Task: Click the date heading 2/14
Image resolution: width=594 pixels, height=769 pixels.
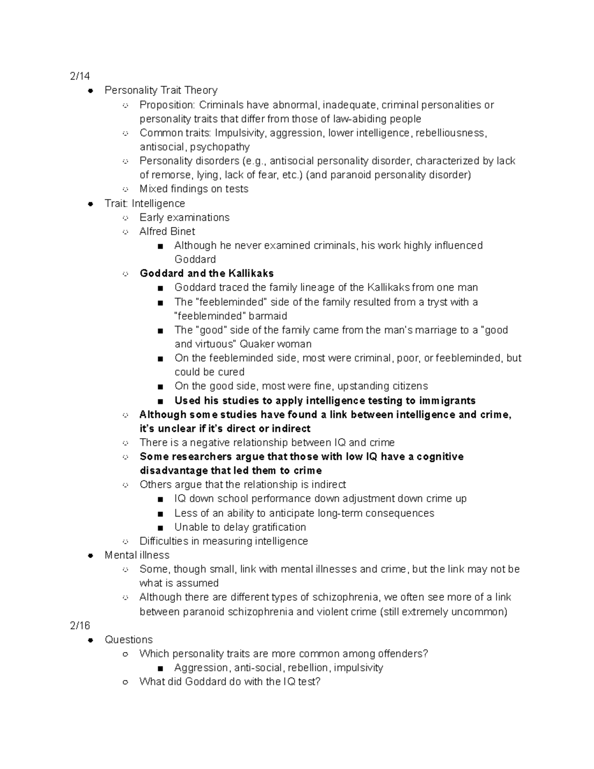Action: (80, 76)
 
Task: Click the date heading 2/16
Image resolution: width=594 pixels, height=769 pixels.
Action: (80, 625)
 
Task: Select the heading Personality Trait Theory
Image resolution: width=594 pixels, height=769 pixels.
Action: (161, 90)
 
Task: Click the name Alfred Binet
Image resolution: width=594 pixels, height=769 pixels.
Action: (167, 231)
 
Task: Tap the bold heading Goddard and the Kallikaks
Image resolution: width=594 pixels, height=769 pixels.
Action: (206, 273)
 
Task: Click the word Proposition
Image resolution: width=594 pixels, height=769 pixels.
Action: (167, 105)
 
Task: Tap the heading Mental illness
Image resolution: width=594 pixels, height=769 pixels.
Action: (137, 555)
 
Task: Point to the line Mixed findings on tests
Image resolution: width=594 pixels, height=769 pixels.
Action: (194, 189)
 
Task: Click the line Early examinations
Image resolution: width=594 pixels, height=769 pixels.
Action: (184, 217)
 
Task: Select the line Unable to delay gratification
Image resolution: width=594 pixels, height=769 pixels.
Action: (240, 527)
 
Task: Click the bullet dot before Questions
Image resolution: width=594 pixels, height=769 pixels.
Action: (91, 640)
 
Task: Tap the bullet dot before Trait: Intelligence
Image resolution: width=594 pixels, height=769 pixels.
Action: (91, 204)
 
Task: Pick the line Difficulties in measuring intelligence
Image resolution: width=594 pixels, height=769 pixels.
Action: (223, 541)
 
